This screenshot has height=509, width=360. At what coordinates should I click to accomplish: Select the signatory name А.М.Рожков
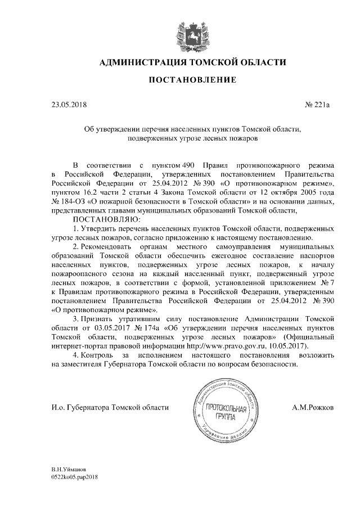click(x=313, y=407)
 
